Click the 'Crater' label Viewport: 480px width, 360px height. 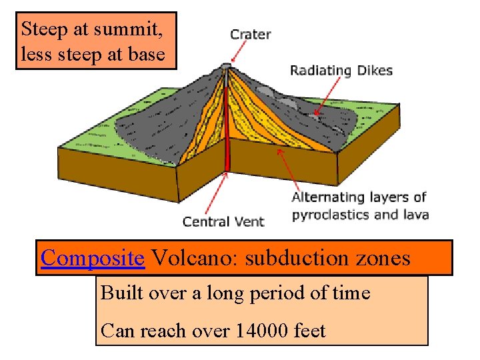250,34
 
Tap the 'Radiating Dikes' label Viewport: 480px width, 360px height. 341,70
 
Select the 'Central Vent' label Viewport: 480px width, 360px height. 223,221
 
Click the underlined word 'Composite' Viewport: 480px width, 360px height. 93,257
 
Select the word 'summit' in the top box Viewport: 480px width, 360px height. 140,29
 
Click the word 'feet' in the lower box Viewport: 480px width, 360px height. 309,330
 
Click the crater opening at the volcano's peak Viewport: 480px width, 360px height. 227,65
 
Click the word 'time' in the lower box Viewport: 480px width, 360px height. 350,293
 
